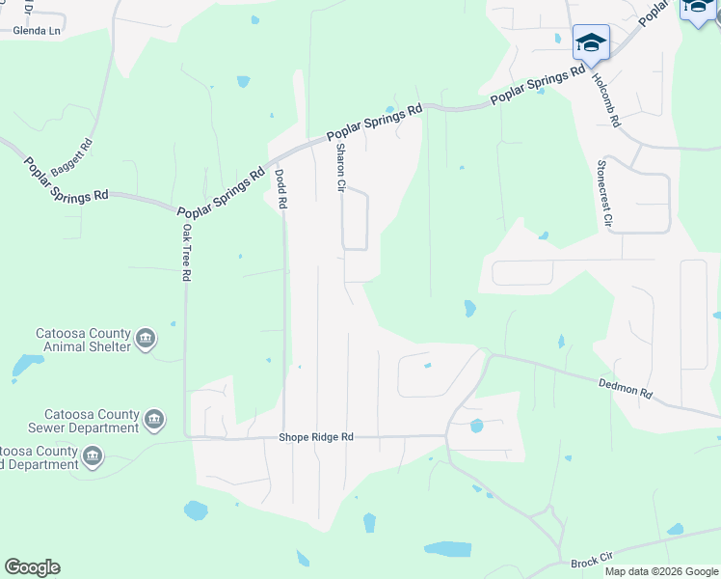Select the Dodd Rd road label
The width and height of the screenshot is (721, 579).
pyautogui.click(x=281, y=190)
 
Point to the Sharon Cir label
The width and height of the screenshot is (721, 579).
pyautogui.click(x=340, y=168)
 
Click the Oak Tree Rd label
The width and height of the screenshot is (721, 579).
pyautogui.click(x=187, y=253)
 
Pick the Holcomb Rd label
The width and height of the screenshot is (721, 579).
pyautogui.click(x=607, y=101)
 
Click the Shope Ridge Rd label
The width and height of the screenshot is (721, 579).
pyautogui.click(x=316, y=437)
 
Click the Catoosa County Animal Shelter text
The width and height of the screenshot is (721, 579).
pyautogui.click(x=82, y=340)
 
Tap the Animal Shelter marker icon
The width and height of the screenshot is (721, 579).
pyautogui.click(x=147, y=338)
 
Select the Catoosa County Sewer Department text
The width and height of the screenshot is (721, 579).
pyautogui.click(x=83, y=421)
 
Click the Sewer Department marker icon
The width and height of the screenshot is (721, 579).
pyautogui.click(x=154, y=420)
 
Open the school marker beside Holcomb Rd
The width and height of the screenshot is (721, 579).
pyautogui.click(x=591, y=42)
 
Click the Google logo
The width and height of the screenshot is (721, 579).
pyautogui.click(x=32, y=567)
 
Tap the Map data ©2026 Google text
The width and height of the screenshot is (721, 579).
pyautogui.click(x=662, y=571)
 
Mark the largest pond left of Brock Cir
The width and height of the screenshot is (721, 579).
pyautogui.click(x=448, y=549)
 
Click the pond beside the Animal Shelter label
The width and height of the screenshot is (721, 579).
pyautogui.click(x=27, y=365)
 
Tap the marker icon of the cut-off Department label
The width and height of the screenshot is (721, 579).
pyautogui.click(x=93, y=456)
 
